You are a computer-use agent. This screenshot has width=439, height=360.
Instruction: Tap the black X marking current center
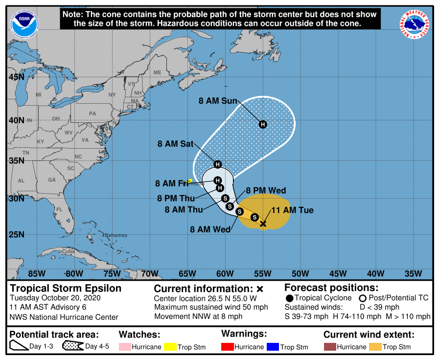tap(263, 224)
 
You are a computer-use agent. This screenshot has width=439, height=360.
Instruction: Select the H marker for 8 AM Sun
tap(263, 124)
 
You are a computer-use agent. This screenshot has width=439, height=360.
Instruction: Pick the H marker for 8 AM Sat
tap(218, 164)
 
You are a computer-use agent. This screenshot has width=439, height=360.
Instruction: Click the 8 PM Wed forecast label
tap(266, 190)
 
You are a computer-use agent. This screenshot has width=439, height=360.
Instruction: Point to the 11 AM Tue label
tap(292, 210)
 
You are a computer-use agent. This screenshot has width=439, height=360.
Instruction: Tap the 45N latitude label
tap(16, 77)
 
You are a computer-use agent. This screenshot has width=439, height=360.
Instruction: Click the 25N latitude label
tap(16, 234)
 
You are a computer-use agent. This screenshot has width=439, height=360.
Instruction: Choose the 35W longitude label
tap(414, 273)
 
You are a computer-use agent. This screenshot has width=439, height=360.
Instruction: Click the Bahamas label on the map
tap(116, 235)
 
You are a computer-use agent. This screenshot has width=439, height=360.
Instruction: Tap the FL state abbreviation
tap(59, 209)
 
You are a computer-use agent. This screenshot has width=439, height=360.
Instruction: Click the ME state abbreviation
tap(157, 72)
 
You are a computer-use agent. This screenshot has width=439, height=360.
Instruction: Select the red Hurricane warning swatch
tap(227, 347)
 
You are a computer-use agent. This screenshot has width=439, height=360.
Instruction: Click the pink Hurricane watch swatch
tap(125, 347)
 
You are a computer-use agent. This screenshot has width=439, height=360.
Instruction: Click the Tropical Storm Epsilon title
tap(66, 288)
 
